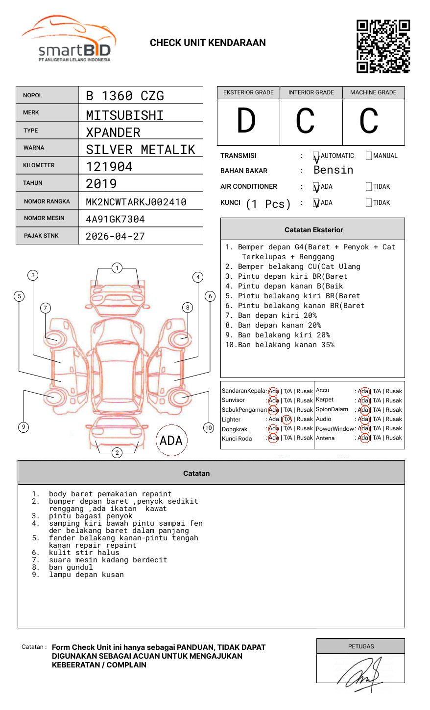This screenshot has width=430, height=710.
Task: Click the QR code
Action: pos(383,46)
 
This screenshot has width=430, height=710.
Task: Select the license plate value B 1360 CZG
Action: pos(125,96)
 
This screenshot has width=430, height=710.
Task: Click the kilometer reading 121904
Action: pos(109,167)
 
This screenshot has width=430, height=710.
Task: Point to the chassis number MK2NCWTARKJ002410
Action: pos(136,202)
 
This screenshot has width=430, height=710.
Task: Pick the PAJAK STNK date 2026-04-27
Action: pos(115,236)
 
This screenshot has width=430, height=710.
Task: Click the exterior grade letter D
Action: pos(246,120)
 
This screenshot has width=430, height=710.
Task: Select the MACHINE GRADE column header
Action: pos(373,92)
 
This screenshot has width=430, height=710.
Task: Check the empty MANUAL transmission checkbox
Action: pos(369,155)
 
